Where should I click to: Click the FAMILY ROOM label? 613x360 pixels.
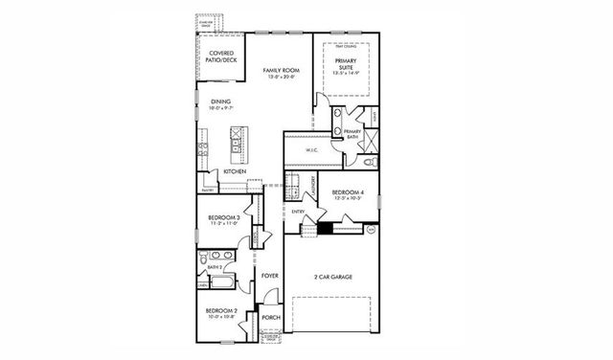coord(278,70)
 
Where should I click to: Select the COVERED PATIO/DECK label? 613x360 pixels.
coord(221,56)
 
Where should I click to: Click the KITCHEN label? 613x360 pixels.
coord(236,171)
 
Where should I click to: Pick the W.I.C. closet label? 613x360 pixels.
coord(311,150)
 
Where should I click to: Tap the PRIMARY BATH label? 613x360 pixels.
coord(365,133)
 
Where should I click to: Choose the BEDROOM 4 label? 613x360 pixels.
coord(346,192)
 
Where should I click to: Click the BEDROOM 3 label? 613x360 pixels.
coord(222,218)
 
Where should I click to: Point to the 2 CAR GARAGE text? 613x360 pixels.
coord(333,277)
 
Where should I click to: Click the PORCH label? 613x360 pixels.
coord(271,316)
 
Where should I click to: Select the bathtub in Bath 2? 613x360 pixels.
coord(220,281)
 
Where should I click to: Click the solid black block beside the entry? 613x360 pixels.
coord(327,228)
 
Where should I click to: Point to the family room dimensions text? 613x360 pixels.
coord(278,78)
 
